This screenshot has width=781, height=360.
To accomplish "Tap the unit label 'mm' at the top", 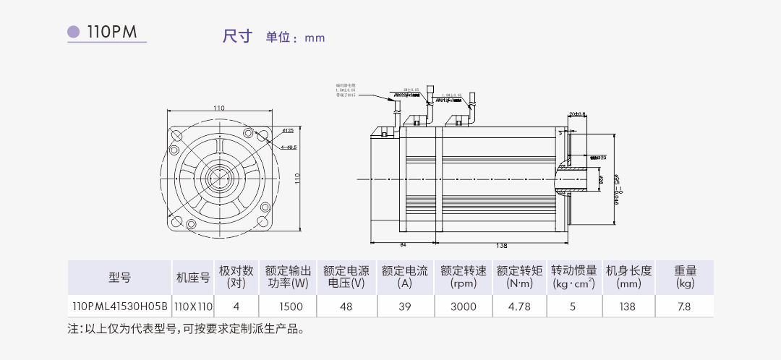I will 315,38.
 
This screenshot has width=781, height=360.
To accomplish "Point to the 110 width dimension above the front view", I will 218,108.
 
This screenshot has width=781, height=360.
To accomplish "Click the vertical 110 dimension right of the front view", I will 296,178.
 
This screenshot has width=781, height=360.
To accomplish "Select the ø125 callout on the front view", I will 287,131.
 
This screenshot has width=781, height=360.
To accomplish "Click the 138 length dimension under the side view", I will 501,246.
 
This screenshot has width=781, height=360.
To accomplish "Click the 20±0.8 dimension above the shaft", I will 577,114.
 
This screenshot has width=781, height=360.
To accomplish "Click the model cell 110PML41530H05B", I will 119,307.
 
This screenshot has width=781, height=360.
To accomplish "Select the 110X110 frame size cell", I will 193,307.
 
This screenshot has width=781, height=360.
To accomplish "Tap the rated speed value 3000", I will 463,307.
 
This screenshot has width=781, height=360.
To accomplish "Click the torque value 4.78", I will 520,307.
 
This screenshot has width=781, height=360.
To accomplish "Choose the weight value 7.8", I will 684,307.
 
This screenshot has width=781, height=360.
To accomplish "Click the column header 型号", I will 119,277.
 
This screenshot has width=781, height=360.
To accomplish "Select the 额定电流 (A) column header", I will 404,277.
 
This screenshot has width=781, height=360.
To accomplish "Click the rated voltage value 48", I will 346,307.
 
